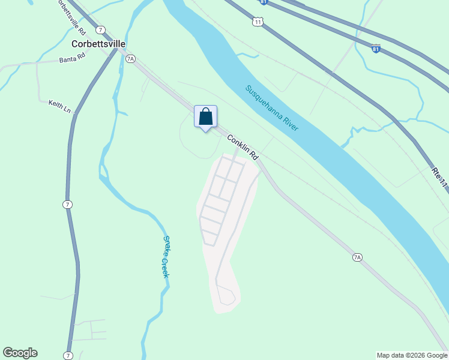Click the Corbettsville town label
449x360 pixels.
click(98, 44)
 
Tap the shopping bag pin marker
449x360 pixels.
click(205, 116)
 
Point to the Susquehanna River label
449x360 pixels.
click(272, 108)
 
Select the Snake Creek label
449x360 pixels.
click(166, 256)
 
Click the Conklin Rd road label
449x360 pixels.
click(243, 147)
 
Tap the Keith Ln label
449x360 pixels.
click(59, 107)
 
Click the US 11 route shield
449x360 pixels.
click(258, 22)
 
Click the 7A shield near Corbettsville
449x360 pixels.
click(131, 58)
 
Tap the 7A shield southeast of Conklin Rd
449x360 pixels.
click(357, 257)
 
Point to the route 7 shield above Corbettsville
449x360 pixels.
click(100, 29)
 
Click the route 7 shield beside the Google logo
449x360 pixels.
click(68, 355)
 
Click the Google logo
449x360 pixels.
click(20, 353)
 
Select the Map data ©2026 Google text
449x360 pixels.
click(412, 355)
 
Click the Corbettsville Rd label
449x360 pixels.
click(71, 16)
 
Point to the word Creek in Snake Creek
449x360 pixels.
click(165, 267)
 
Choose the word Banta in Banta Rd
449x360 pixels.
click(66, 60)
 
